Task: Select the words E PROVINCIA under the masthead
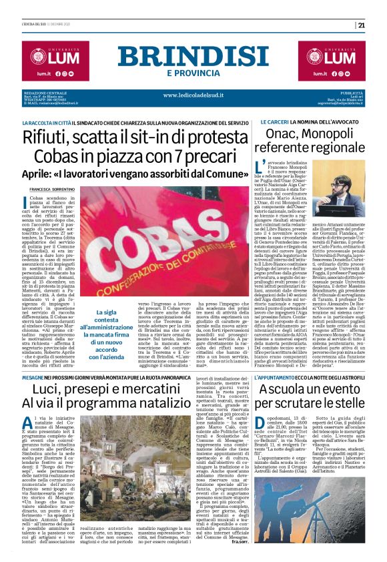coord(193,72)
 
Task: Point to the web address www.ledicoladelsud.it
coord(193,94)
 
